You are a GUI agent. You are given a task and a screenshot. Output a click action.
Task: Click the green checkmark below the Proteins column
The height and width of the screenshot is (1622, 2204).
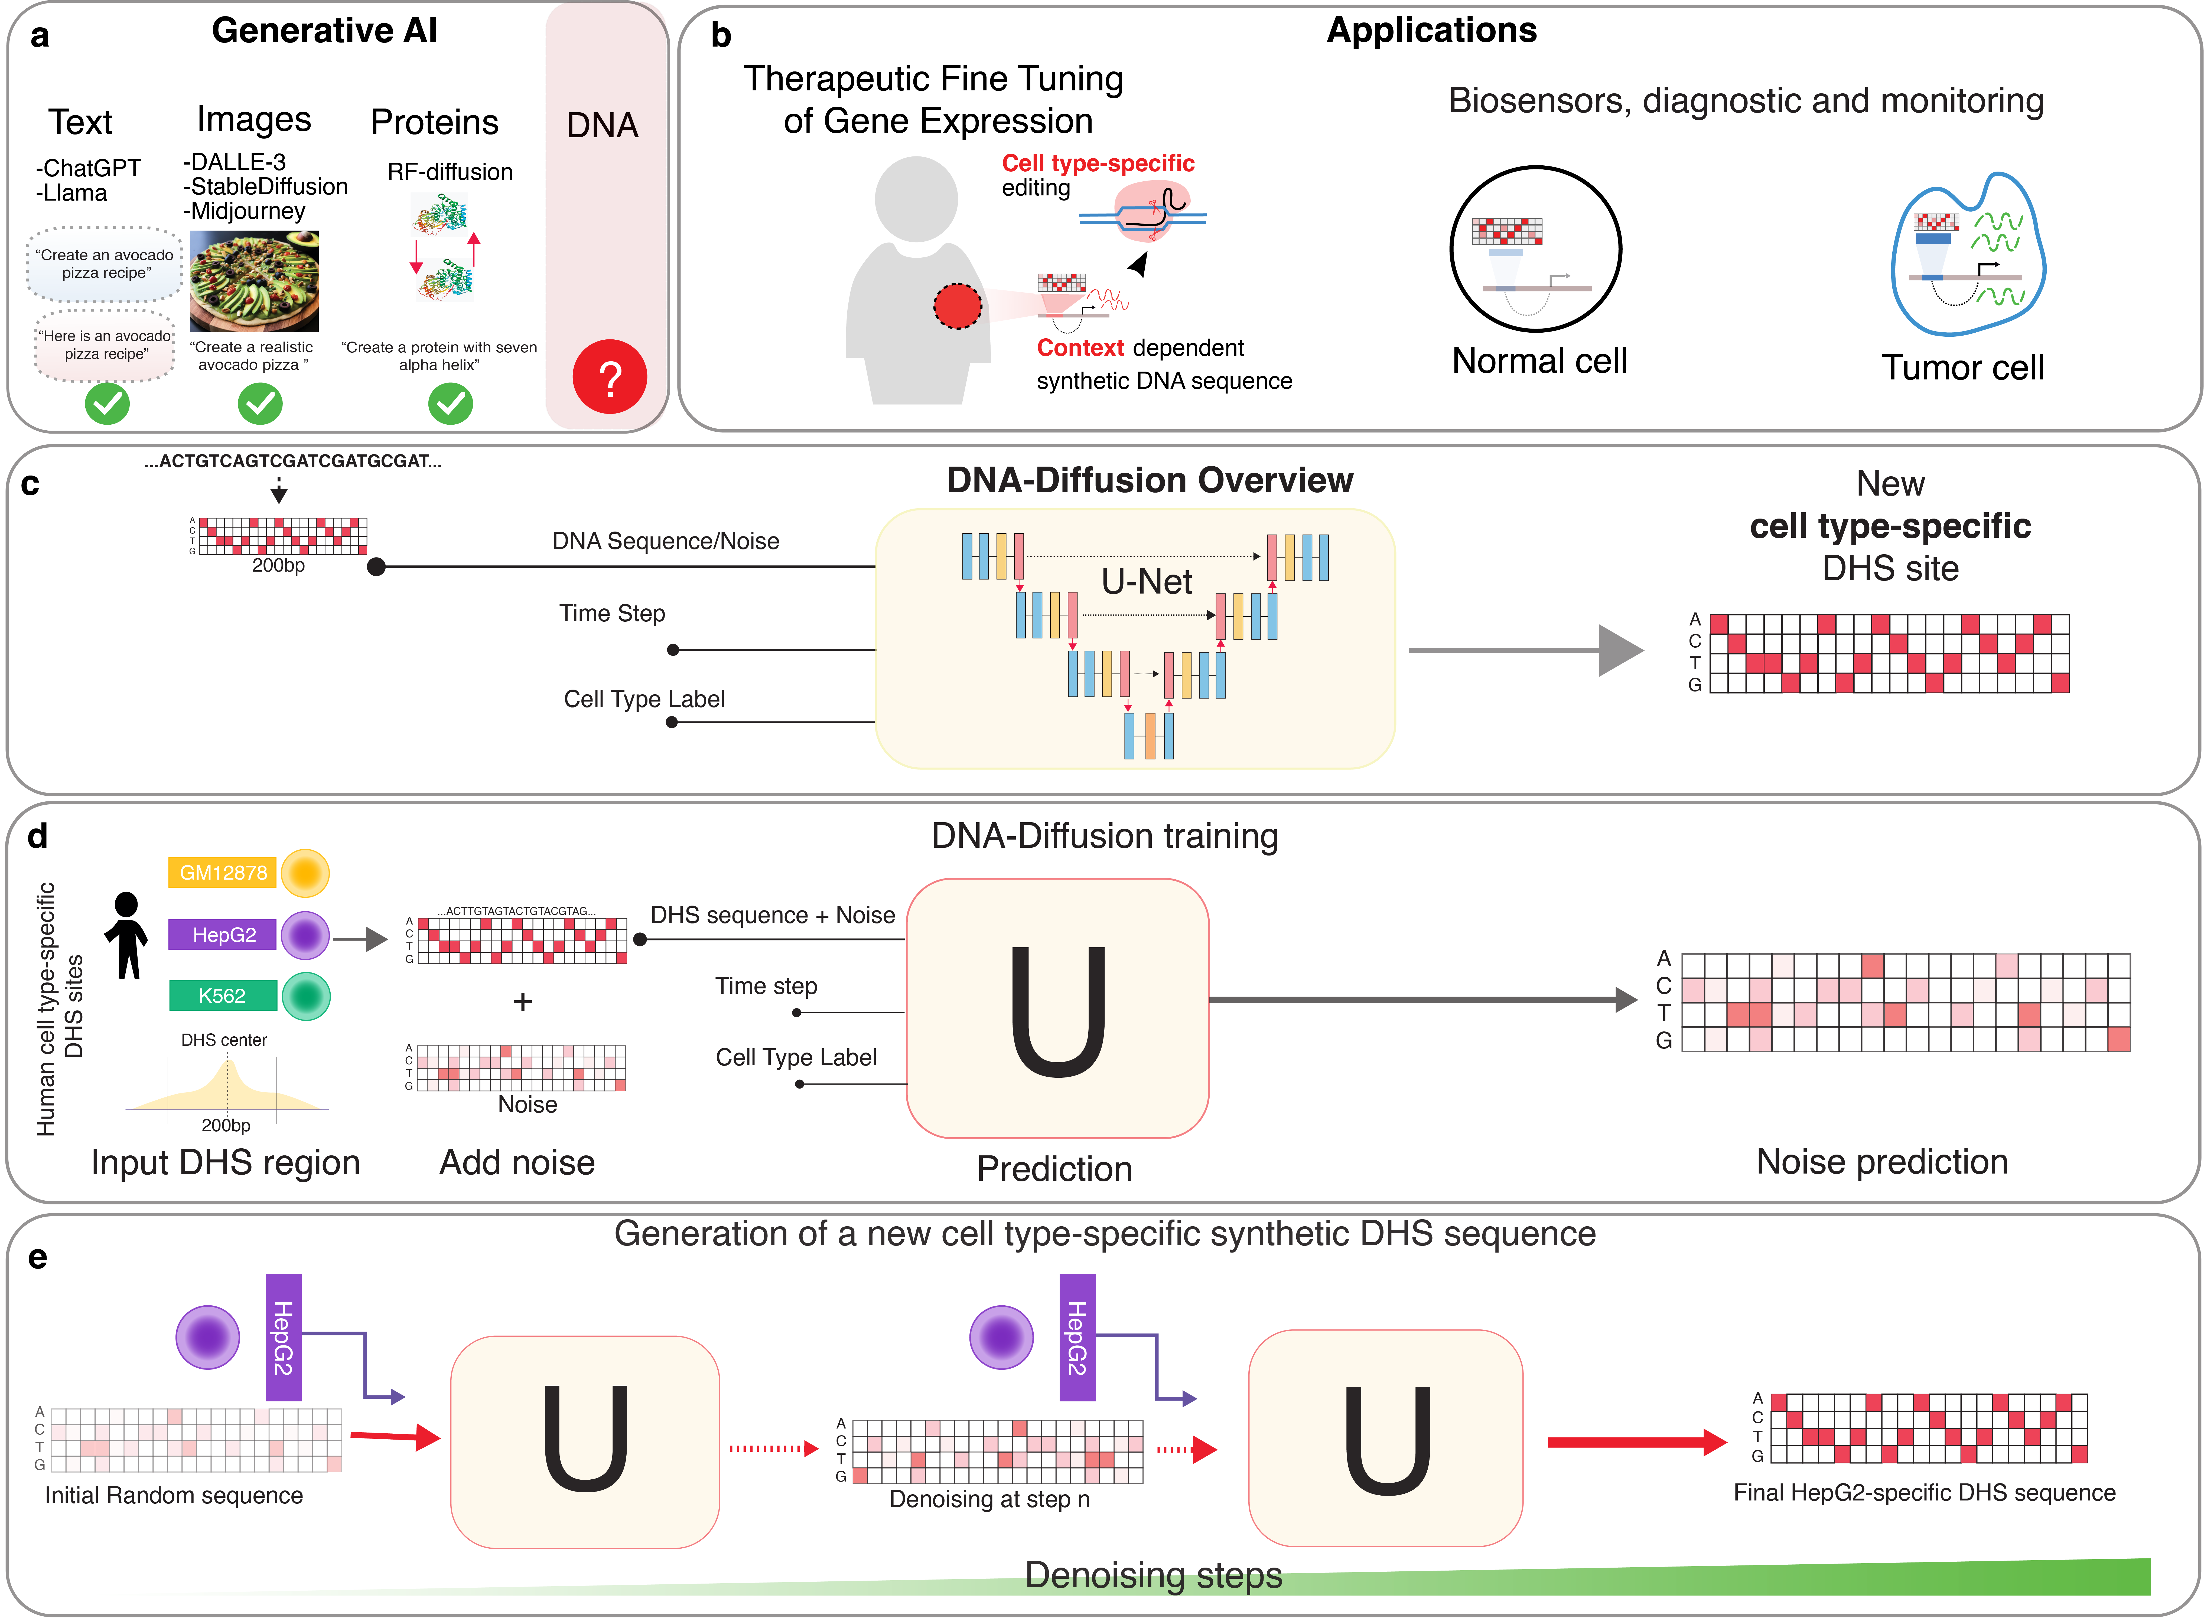(451, 402)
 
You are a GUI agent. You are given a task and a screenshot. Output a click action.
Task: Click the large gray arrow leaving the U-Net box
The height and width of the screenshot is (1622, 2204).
(1525, 650)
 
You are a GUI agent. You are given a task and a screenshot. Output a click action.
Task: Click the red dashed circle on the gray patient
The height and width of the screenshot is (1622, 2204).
(958, 306)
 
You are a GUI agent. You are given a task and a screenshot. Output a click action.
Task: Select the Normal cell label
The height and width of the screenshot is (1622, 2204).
(1539, 361)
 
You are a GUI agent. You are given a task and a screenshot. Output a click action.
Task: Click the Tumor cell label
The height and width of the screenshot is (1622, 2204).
(1962, 367)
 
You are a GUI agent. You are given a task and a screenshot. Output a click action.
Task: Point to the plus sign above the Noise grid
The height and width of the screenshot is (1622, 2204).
(523, 1001)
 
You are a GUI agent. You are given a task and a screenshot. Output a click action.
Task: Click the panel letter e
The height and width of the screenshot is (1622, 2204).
(37, 1258)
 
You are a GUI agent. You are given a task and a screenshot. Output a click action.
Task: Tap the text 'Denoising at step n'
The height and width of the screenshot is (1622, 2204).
(989, 1499)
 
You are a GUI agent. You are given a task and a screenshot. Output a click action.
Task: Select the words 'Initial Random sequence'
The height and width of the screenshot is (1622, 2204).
(174, 1495)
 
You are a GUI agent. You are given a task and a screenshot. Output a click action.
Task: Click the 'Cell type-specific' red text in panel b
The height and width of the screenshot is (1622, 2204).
(1098, 163)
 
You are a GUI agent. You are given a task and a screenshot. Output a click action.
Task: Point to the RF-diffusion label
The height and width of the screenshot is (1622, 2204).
(450, 172)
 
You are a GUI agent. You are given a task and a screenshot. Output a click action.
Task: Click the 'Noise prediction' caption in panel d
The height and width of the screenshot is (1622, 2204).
(1882, 1162)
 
